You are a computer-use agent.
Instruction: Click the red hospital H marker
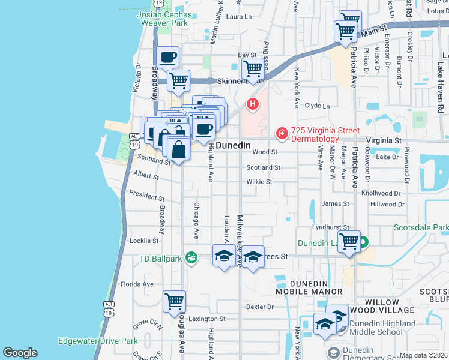click(253, 104)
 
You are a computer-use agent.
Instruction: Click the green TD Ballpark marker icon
click(191, 257)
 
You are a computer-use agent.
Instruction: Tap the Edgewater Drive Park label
click(98, 341)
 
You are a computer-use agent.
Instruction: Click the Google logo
click(20, 353)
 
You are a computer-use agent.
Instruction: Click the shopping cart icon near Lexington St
click(174, 301)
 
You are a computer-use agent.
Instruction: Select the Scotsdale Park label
click(421, 228)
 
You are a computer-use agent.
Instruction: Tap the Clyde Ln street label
click(318, 106)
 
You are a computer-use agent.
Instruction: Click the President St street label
click(147, 196)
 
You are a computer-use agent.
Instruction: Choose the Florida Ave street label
click(137, 284)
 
